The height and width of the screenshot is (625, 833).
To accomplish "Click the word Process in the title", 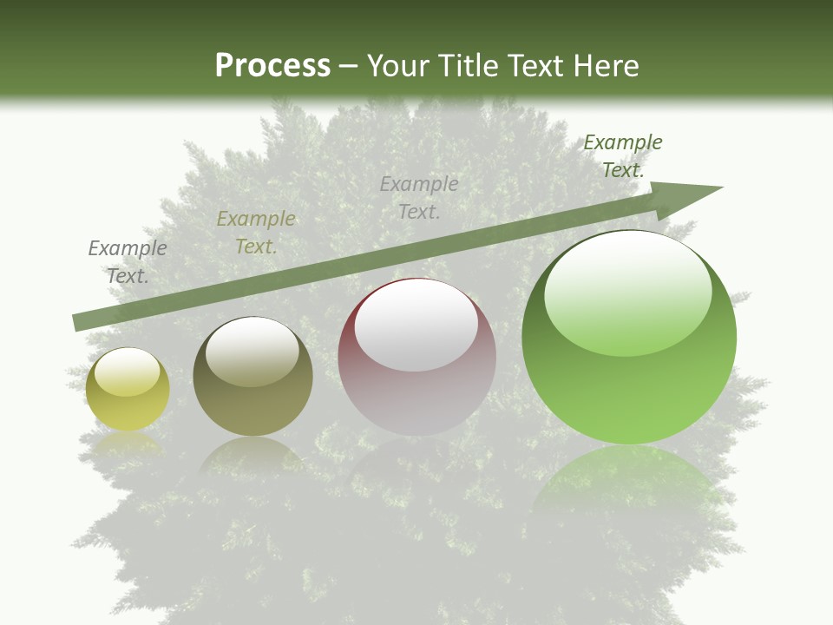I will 272,66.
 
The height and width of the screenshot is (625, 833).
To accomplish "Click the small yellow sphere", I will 128,390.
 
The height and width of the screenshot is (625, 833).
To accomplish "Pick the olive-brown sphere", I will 253,377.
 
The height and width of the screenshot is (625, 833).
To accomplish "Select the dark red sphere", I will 417,357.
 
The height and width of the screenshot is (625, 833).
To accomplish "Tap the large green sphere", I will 629,338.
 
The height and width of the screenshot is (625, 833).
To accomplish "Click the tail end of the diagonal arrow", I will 76,323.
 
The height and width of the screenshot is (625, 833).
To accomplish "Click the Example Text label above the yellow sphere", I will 128,262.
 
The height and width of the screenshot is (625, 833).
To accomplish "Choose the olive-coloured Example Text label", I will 256,233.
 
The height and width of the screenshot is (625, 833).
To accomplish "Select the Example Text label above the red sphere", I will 419,198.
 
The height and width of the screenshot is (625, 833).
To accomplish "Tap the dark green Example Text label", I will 623,156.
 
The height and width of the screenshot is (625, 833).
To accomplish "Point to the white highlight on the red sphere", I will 416,326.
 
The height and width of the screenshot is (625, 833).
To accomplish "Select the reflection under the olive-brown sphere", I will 253,456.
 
